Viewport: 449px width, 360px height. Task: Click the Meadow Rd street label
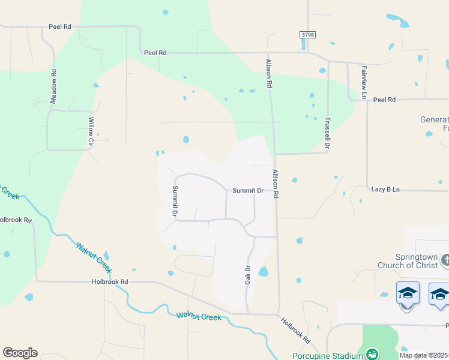tap(53, 87)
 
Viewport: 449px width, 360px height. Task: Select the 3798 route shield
tap(307, 35)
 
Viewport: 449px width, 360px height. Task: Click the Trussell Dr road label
tap(328, 133)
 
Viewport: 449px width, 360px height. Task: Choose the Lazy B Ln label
tap(385, 190)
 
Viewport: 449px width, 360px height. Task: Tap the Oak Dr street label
tap(247, 275)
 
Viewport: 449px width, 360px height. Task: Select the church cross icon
tap(445, 260)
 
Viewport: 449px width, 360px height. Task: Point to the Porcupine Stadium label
tap(328, 356)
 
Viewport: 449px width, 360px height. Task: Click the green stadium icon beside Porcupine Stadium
tap(372, 355)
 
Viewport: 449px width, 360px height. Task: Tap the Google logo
tap(20, 353)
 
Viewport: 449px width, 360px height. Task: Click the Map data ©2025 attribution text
tap(424, 355)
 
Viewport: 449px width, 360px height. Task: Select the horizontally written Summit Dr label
tap(248, 191)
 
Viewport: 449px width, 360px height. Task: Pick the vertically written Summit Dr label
tap(175, 201)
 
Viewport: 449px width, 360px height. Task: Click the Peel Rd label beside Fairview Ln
tap(384, 100)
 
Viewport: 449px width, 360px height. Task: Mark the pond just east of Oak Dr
tap(263, 272)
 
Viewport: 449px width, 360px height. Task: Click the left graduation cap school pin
tap(408, 293)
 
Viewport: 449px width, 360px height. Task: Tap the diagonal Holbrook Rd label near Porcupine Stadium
tap(297, 330)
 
